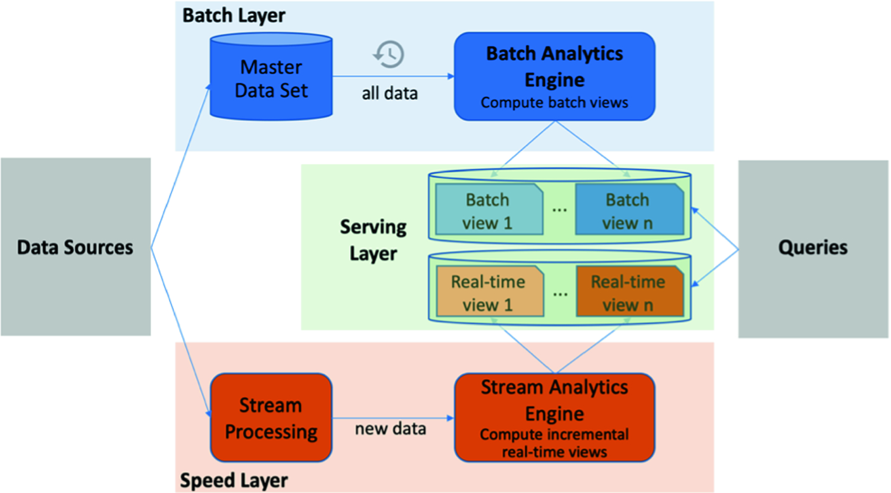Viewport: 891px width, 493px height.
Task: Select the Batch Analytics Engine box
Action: (554, 76)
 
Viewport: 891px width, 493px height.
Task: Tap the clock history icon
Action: (389, 54)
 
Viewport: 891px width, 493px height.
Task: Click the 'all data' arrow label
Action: (390, 94)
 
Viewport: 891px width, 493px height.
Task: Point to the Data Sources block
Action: (75, 247)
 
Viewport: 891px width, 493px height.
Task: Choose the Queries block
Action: (813, 247)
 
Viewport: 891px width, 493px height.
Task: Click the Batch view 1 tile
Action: (487, 211)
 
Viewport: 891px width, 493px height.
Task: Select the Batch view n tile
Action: (628, 211)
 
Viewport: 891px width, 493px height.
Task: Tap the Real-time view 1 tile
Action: (487, 292)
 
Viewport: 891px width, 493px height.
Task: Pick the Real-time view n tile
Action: (628, 292)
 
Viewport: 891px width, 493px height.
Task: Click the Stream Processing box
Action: (271, 418)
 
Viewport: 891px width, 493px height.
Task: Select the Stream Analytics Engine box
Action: (554, 418)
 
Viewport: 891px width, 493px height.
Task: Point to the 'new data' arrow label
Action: (390, 428)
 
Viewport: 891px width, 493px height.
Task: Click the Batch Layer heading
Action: (234, 15)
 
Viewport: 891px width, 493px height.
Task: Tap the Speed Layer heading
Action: (234, 480)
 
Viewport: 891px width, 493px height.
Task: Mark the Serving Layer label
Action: (373, 240)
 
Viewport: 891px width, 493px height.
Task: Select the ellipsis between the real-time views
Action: (559, 293)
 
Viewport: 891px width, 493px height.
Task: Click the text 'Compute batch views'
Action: (554, 102)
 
